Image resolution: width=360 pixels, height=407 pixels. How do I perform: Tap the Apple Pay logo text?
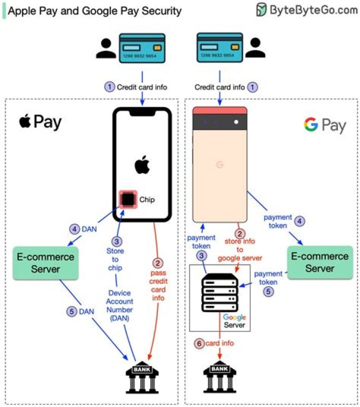pos(40,121)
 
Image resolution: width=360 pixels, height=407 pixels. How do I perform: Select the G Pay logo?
pos(324,125)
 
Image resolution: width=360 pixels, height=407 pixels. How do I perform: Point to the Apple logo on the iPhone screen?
pos(142,164)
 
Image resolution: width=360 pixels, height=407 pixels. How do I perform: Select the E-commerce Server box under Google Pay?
pos(319,262)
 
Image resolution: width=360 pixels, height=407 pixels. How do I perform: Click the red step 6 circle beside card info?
pos(199,343)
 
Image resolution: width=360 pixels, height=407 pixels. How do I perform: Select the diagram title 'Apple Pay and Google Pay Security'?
pos(95,10)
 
